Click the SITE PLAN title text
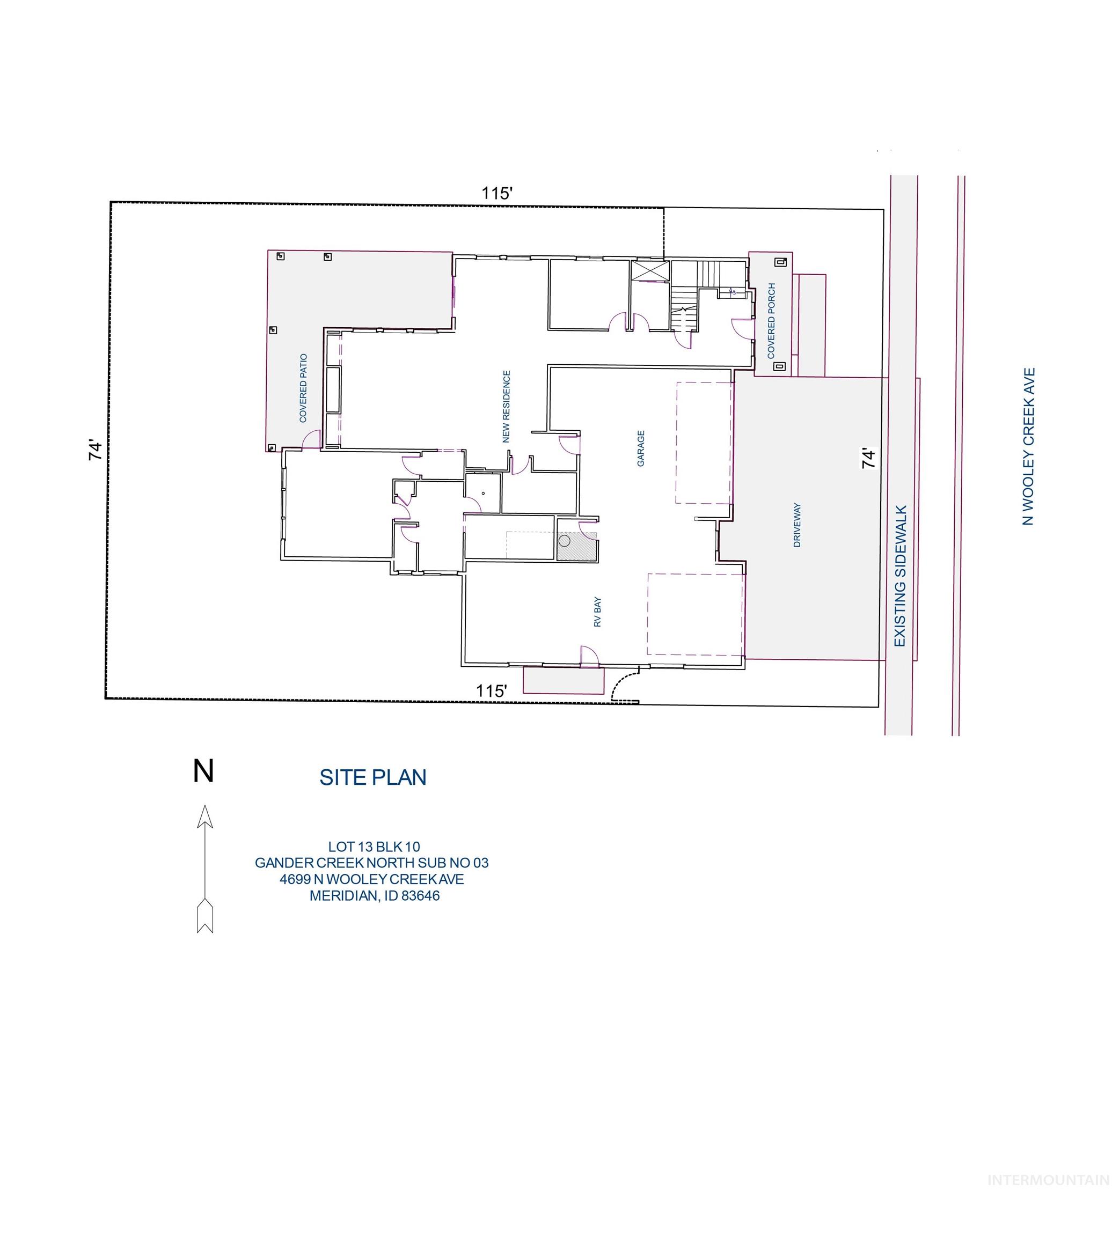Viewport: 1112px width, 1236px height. point(372,777)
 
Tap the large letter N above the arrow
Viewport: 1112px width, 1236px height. point(203,771)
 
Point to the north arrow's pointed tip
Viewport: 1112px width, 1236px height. point(204,807)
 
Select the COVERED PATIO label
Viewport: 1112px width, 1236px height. point(303,388)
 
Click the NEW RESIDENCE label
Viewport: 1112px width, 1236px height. point(506,406)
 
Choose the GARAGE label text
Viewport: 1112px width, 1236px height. point(641,448)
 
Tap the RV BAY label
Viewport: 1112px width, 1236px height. point(597,613)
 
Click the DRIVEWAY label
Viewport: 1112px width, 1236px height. point(797,525)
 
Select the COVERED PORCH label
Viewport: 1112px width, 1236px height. point(771,321)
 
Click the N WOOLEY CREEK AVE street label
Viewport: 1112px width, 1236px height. point(1029,446)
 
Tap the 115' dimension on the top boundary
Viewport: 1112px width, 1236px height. point(496,194)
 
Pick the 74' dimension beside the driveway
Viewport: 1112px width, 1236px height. point(868,458)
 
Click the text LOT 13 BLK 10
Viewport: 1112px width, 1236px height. point(374,847)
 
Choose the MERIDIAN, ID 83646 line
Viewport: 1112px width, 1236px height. point(374,896)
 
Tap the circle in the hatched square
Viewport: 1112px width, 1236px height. point(565,540)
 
